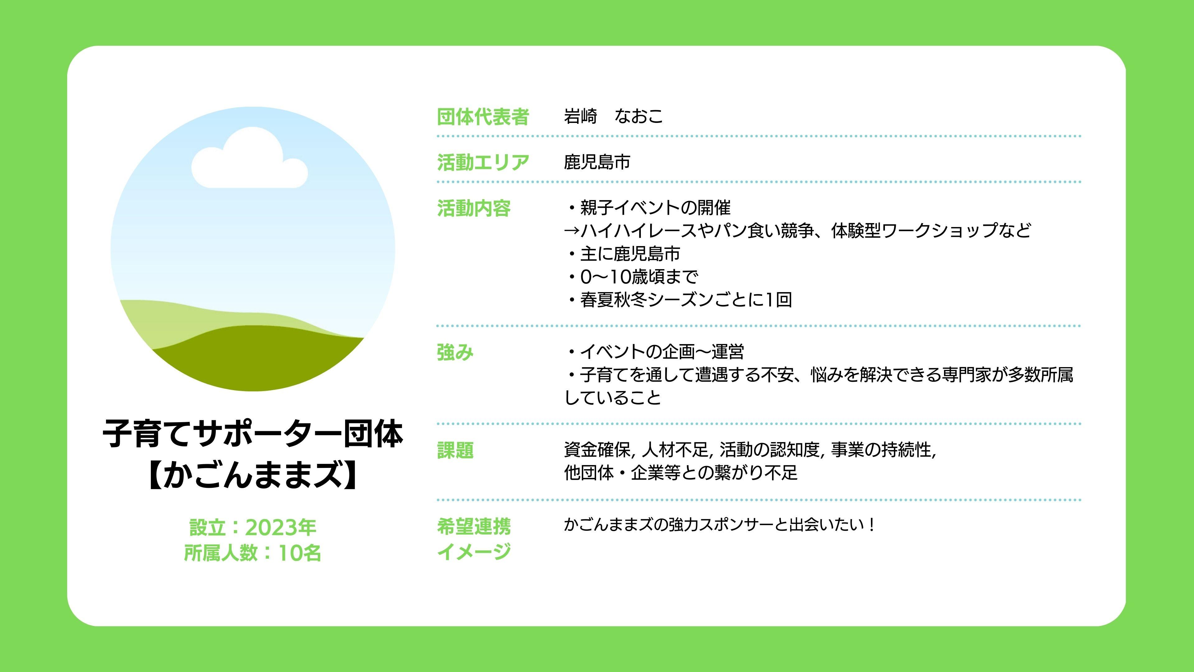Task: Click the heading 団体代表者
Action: point(483,116)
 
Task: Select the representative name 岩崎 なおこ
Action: point(613,116)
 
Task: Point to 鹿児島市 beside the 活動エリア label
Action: point(597,162)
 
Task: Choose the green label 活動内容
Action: point(474,208)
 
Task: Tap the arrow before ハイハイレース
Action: point(572,231)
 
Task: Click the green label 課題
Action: point(455,450)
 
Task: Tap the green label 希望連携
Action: point(474,527)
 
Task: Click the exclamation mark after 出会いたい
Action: point(872,525)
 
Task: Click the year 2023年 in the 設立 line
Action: point(280,527)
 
